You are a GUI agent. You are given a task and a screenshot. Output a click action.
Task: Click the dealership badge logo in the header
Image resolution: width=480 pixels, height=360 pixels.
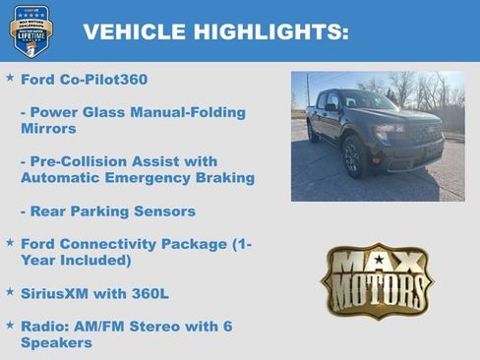pos(30,30)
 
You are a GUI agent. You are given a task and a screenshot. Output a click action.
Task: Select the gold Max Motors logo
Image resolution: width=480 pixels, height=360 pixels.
pos(377,280)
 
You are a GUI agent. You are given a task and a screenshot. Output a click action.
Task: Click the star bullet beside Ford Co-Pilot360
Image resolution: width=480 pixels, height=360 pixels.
pos(10,77)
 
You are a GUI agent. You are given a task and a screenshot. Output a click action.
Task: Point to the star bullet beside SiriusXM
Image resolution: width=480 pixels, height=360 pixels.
pos(10,291)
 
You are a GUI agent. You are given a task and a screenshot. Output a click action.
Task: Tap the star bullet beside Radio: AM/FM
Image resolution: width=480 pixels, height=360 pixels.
pos(10,324)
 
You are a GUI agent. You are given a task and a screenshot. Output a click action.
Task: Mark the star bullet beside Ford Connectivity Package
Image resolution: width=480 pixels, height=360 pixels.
pos(10,241)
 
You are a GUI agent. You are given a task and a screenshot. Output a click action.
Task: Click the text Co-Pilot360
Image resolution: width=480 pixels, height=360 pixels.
pos(105,79)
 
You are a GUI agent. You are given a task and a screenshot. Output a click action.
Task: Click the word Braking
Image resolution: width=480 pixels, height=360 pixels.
pos(222,178)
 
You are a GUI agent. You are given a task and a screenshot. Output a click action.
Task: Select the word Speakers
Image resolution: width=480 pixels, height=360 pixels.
pos(56,342)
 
